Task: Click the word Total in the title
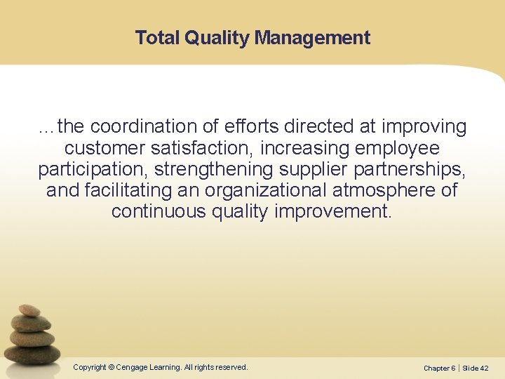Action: pyautogui.click(x=157, y=37)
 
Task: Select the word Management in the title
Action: pyautogui.click(x=312, y=37)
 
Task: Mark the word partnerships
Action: pyautogui.click(x=412, y=170)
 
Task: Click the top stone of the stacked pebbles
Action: pyautogui.click(x=29, y=310)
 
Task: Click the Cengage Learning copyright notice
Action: pyautogui.click(x=161, y=367)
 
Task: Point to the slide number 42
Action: pyautogui.click(x=485, y=368)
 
